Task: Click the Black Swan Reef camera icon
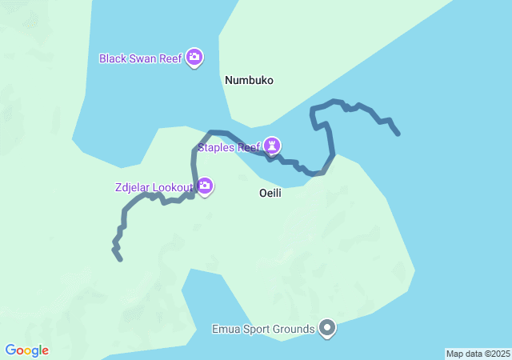194,58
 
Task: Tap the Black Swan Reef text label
141,58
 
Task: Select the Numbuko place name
249,81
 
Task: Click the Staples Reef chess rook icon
274,146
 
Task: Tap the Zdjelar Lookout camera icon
205,186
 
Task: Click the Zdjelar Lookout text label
154,188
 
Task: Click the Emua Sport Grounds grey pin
327,328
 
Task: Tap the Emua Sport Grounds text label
262,330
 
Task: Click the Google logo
26,350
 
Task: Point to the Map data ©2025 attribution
478,354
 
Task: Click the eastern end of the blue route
398,134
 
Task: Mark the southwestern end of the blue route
120,259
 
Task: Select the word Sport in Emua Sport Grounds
257,330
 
